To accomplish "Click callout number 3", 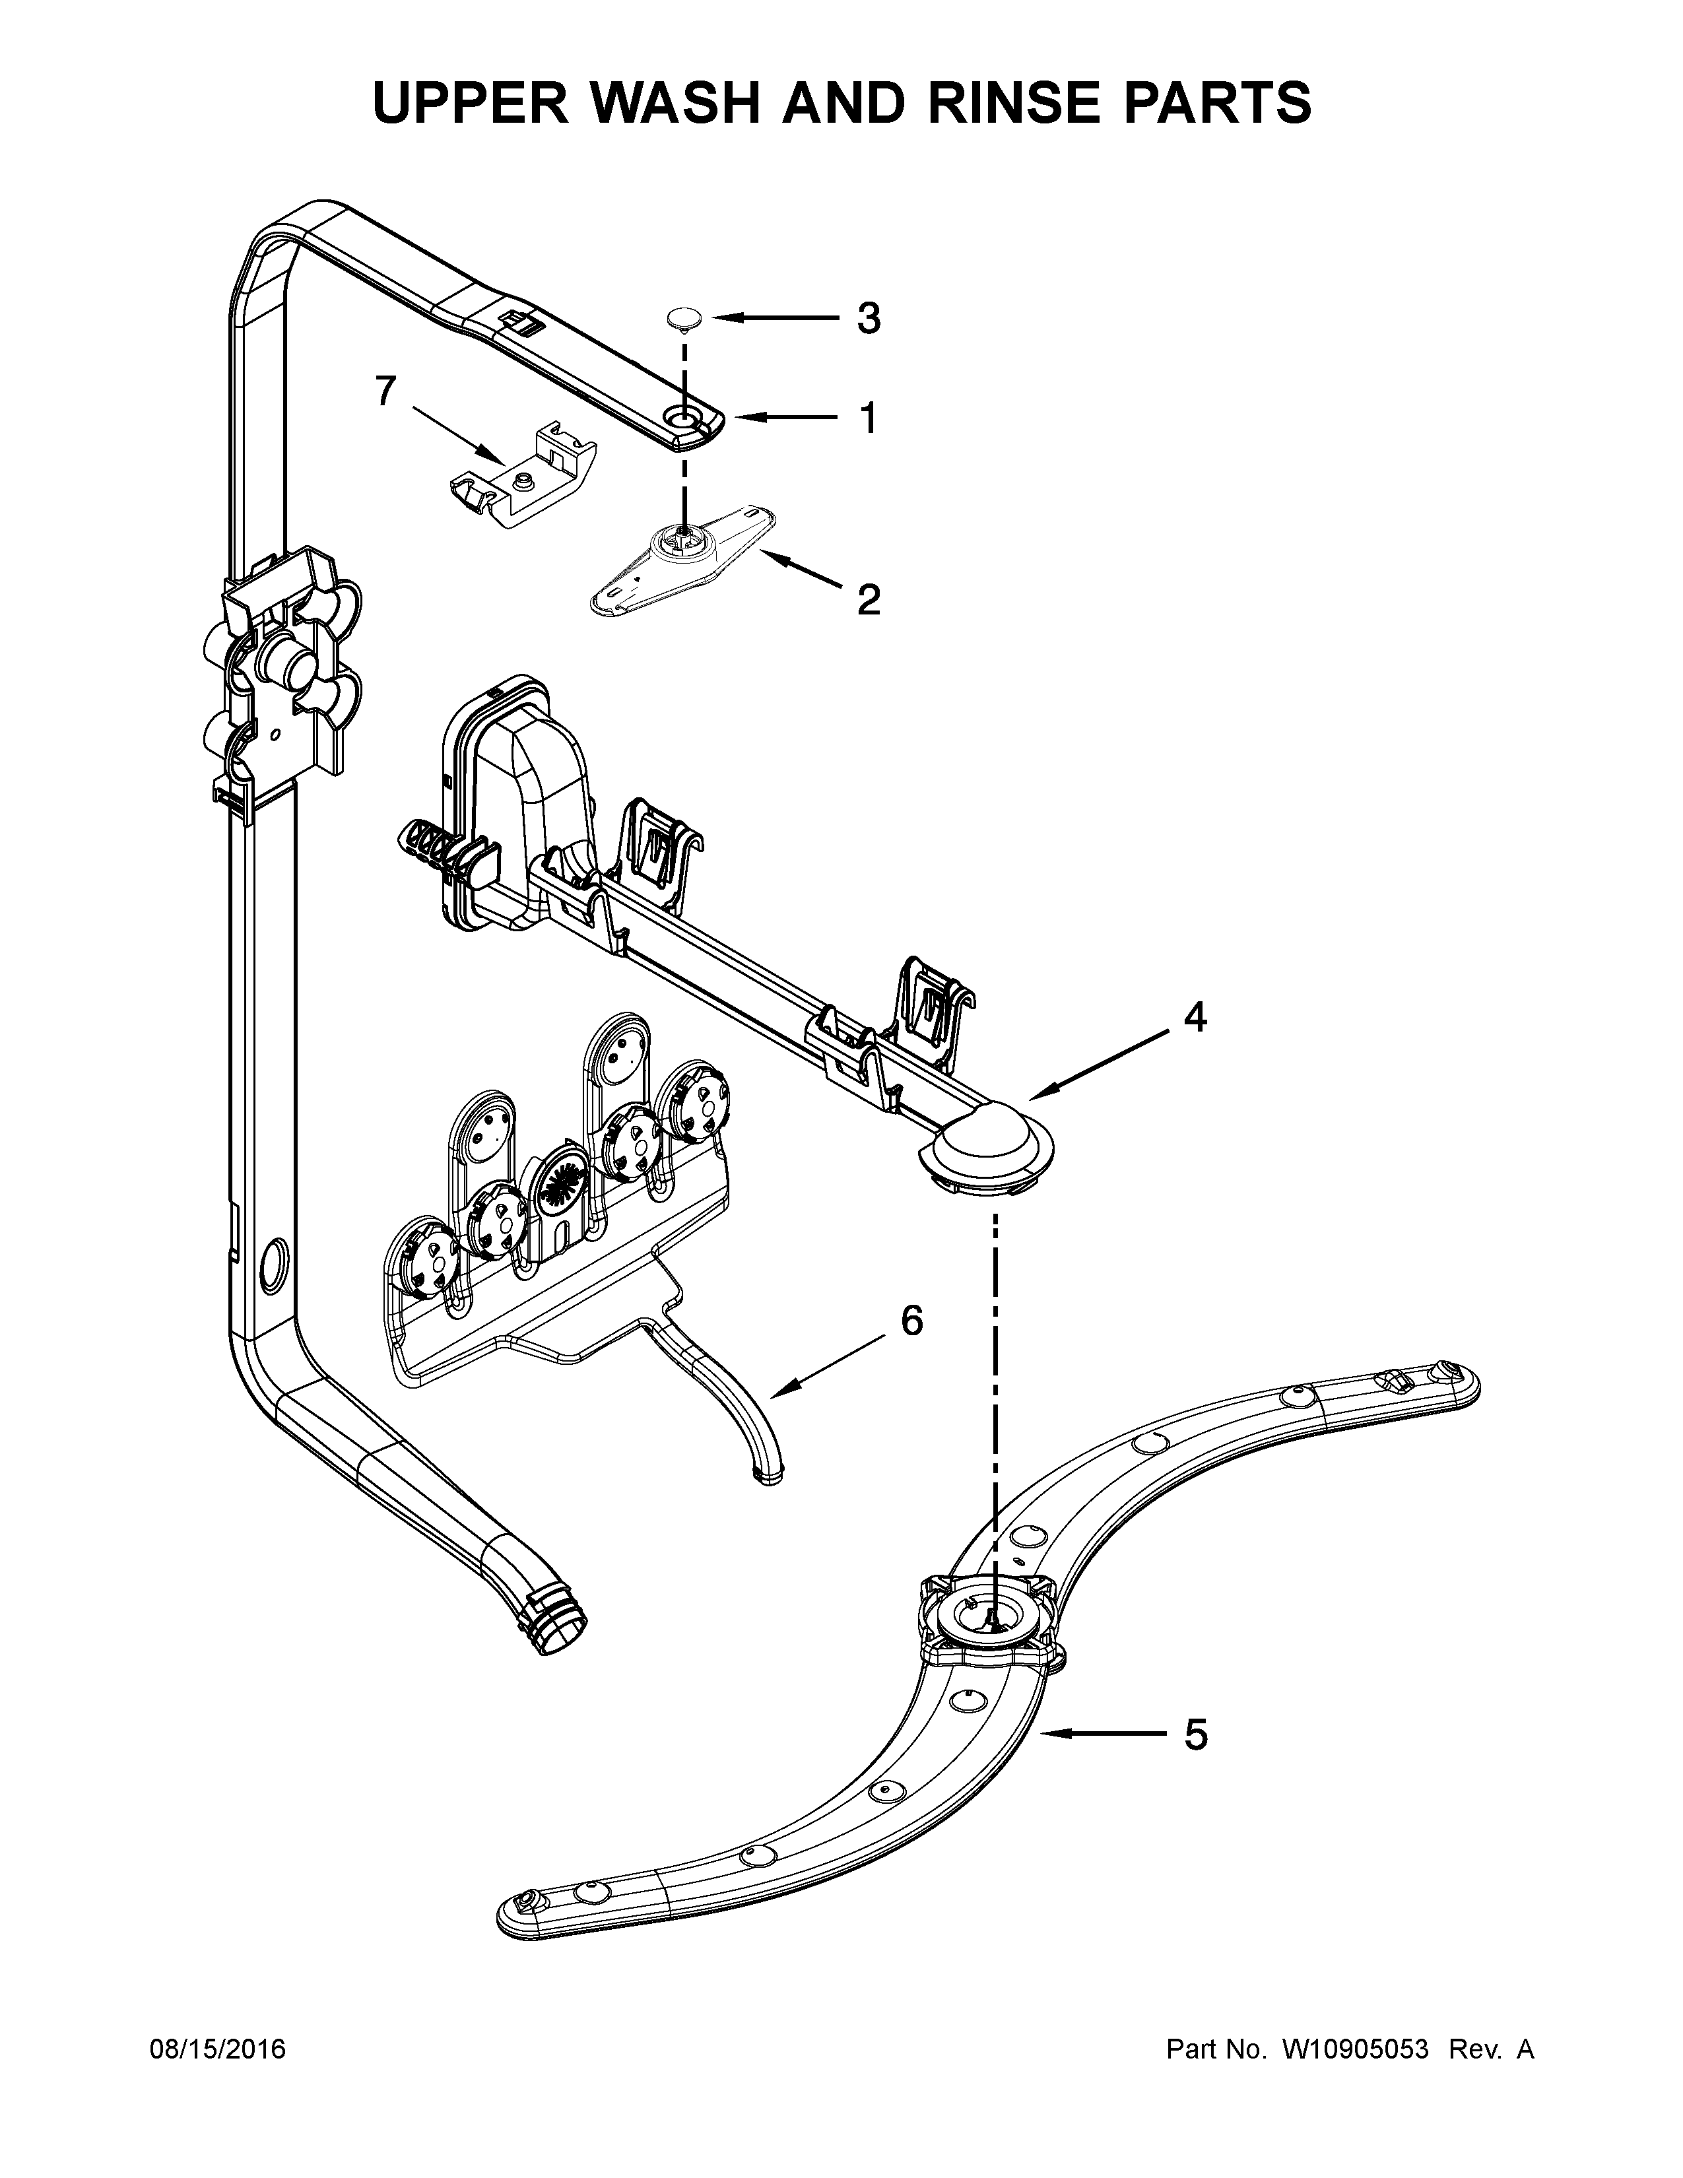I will pyautogui.click(x=869, y=319).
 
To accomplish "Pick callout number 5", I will pyautogui.click(x=1195, y=1735).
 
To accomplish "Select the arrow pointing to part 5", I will pyautogui.click(x=1103, y=1735).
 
